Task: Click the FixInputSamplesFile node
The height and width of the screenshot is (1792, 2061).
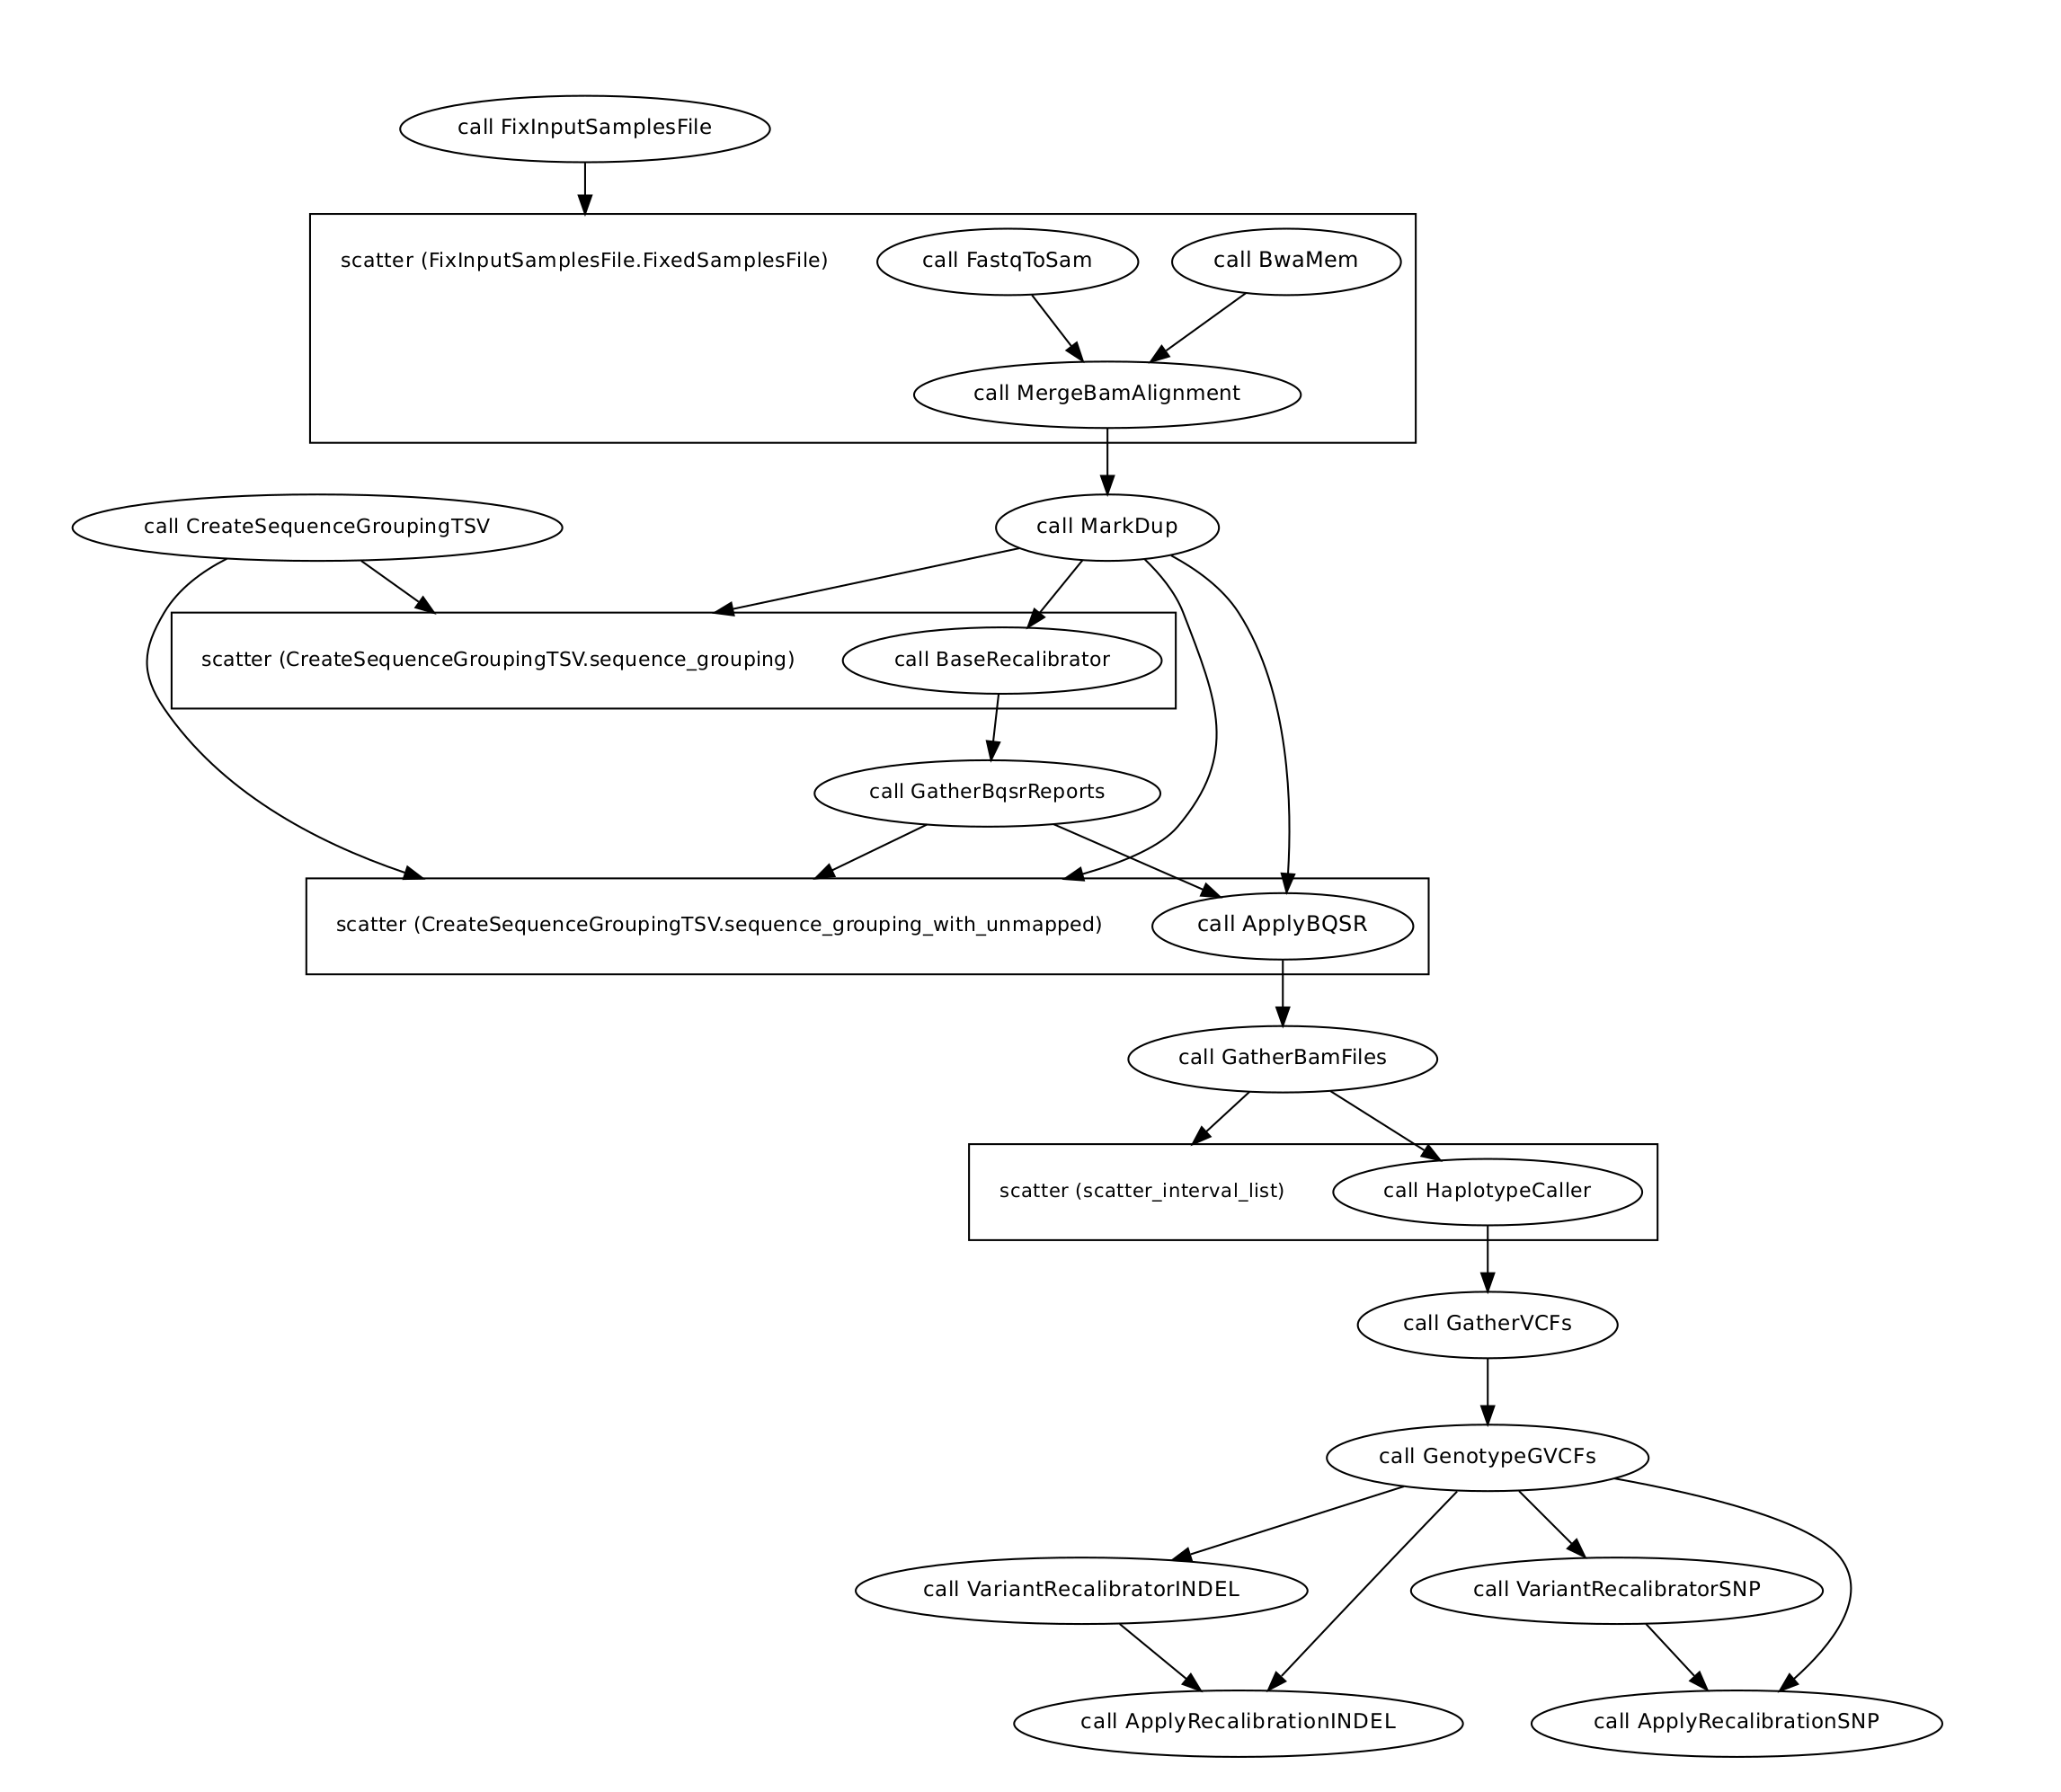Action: tap(584, 128)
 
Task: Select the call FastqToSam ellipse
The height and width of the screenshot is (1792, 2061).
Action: tap(1007, 261)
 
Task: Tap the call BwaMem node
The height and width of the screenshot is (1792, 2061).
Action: tap(1286, 261)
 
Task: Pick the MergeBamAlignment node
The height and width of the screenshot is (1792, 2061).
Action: tap(1107, 394)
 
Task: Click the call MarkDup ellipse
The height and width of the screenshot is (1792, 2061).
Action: tap(1107, 527)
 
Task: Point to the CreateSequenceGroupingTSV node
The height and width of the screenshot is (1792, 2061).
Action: tap(317, 527)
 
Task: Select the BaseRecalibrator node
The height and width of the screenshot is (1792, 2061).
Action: tap(1002, 660)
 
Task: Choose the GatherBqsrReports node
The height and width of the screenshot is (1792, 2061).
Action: tap(987, 793)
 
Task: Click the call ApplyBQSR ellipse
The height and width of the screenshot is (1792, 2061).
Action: tap(1282, 925)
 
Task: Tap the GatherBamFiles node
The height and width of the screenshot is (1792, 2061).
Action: tap(1282, 1058)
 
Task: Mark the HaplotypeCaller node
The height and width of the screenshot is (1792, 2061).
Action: tap(1487, 1191)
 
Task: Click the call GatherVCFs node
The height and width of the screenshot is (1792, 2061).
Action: tap(1487, 1324)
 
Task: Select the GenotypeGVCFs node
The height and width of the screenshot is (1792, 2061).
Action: tap(1487, 1457)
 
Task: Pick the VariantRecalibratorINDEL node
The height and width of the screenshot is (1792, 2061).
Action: tap(1081, 1590)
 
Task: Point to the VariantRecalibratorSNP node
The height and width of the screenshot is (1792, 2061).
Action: tap(1616, 1590)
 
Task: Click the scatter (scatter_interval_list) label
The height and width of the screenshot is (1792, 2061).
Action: tap(1141, 1191)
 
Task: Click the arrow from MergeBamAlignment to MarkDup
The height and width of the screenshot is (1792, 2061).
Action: tap(1107, 461)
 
